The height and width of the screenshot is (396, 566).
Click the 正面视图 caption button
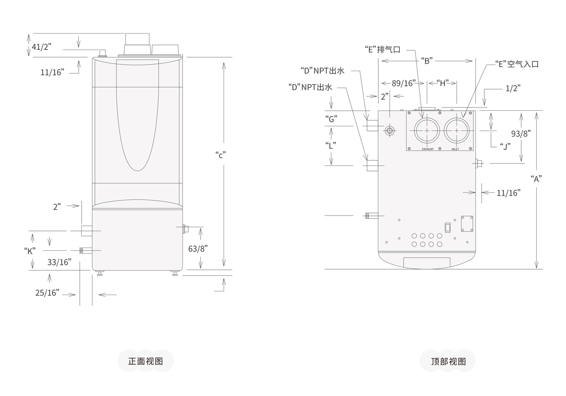tap(146, 362)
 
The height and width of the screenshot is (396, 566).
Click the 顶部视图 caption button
tap(448, 362)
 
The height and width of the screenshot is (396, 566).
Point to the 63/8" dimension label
tap(198, 248)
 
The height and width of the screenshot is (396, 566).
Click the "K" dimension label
tap(30, 251)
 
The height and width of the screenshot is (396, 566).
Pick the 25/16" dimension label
tap(47, 293)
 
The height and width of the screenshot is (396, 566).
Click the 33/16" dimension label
tap(59, 262)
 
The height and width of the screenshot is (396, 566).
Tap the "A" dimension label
tap(535, 178)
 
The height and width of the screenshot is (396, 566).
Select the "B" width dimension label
tap(426, 60)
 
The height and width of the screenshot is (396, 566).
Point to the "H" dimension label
tap(442, 83)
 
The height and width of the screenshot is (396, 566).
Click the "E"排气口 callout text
tap(383, 49)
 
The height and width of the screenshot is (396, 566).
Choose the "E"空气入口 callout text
tap(516, 64)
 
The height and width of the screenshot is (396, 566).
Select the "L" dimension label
tap(331, 146)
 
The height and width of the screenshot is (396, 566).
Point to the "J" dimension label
tap(505, 146)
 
